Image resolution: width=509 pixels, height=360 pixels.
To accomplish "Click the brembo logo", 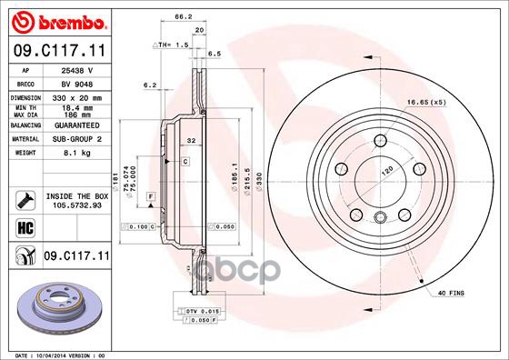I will pyautogui.click(x=57, y=20).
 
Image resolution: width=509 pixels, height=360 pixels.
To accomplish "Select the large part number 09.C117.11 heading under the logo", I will pyautogui.click(x=59, y=52).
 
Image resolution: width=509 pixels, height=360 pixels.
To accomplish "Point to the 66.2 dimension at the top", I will pyautogui.click(x=183, y=15).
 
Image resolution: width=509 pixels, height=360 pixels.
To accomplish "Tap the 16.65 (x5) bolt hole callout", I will pyautogui.click(x=425, y=103).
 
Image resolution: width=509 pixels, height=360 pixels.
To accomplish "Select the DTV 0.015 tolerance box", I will pyautogui.click(x=201, y=312).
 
